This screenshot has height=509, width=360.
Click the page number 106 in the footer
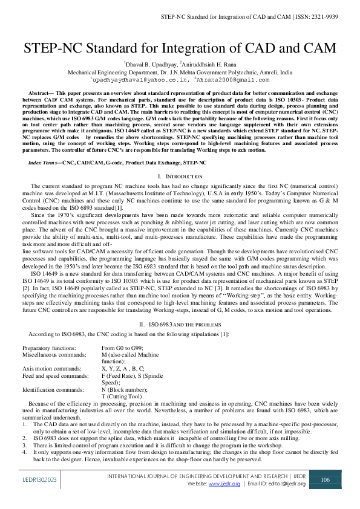tap(324, 479)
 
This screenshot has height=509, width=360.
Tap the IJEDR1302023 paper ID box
tap(36, 479)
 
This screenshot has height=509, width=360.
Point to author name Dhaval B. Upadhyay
tap(150, 63)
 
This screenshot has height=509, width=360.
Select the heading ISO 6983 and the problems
tap(180, 325)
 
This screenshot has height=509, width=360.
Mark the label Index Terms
tap(45, 163)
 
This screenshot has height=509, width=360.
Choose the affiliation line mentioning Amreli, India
tap(180, 71)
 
